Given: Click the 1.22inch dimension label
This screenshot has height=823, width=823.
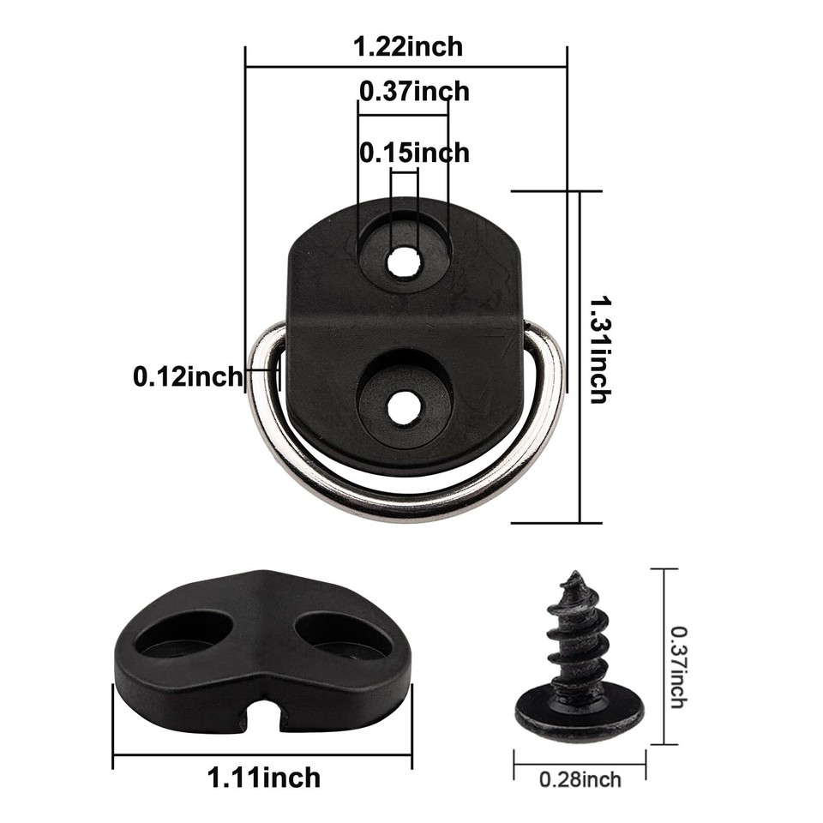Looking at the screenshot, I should click(409, 46).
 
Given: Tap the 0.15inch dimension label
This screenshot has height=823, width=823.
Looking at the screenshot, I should click(415, 153).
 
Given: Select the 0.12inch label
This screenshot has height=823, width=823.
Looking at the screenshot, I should click(188, 375).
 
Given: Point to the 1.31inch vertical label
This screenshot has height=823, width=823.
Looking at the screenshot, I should click(599, 350).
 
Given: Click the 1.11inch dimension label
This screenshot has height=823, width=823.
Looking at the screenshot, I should click(265, 778).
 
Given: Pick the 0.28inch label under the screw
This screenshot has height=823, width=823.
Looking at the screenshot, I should click(580, 779).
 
